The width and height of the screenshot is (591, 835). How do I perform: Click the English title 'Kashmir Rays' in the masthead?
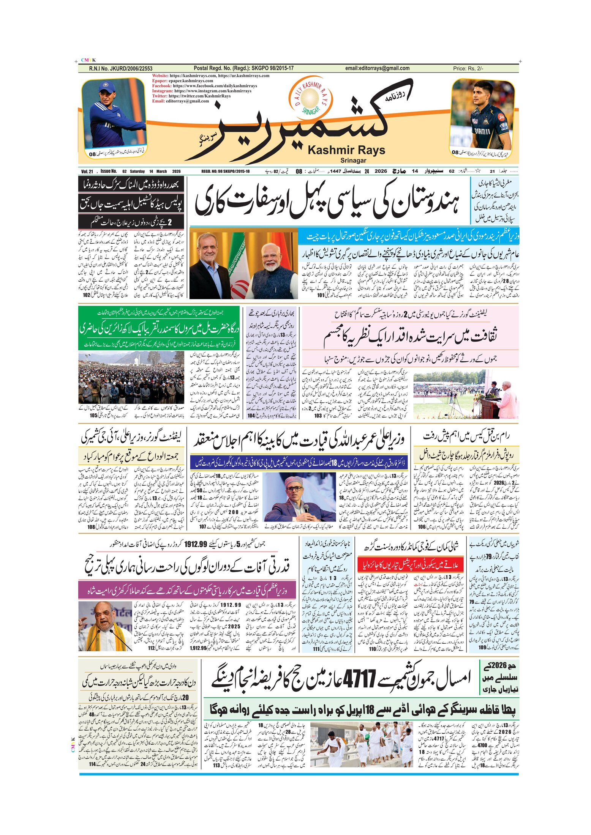pyautogui.click(x=346, y=150)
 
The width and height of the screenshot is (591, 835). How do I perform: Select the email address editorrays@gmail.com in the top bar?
pyautogui.click(x=377, y=68)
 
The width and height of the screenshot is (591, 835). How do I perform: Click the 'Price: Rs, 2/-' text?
pyautogui.click(x=468, y=69)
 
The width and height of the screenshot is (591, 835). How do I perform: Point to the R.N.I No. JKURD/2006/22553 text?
pyautogui.click(x=120, y=69)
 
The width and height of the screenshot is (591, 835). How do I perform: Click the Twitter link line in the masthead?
pyautogui.click(x=191, y=96)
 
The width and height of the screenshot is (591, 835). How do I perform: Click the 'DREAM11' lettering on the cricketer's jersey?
pyautogui.click(x=482, y=131)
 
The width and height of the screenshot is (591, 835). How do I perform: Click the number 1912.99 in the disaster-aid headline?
pyautogui.click(x=198, y=544)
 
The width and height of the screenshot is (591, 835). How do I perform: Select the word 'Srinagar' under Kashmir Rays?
pyautogui.click(x=353, y=160)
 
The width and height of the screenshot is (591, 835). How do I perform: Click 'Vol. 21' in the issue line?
pyautogui.click(x=87, y=172)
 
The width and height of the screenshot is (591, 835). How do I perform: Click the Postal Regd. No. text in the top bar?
pyautogui.click(x=243, y=68)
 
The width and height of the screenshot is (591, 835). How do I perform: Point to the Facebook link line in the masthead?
pyautogui.click(x=204, y=86)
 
